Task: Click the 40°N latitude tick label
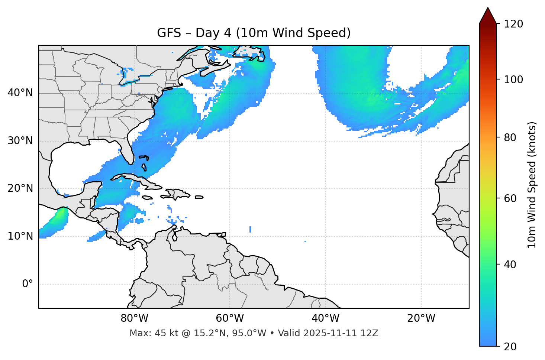pyautogui.click(x=20, y=93)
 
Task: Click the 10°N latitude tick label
pyautogui.click(x=20, y=236)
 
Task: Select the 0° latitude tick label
pyautogui.click(x=28, y=284)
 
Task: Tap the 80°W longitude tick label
pyautogui.click(x=134, y=318)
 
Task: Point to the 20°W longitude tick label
pyautogui.click(x=421, y=318)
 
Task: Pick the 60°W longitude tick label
pyautogui.click(x=230, y=318)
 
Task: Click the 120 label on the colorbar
pyautogui.click(x=513, y=24)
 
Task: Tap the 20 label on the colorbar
pyautogui.click(x=510, y=347)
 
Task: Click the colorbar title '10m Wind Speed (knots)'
pyautogui.click(x=532, y=185)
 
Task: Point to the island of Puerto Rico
pyautogui.click(x=199, y=197)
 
